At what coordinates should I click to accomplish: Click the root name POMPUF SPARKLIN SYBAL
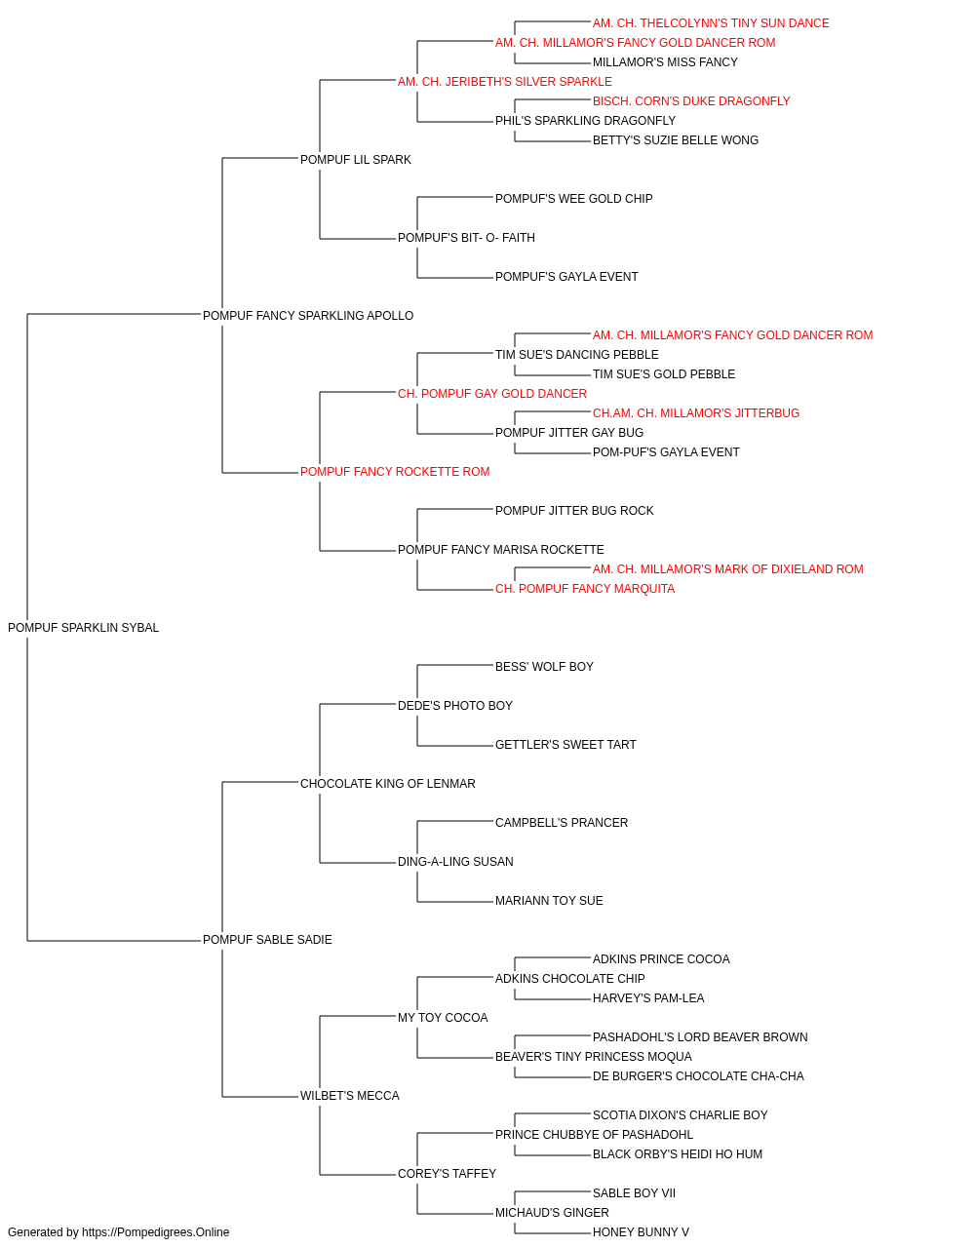[83, 628]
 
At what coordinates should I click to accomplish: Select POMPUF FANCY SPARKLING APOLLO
[308, 316]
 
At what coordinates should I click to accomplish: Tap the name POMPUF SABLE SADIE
[267, 940]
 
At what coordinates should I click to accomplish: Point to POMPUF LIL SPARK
[356, 160]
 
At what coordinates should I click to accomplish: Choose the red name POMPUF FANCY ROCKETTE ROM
[395, 472]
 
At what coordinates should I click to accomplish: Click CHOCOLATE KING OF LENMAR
[388, 783]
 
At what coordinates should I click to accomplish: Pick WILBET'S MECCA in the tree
[350, 1095]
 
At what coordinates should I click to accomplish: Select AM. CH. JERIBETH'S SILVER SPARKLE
[505, 82]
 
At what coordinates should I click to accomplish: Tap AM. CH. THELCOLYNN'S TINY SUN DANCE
[711, 23]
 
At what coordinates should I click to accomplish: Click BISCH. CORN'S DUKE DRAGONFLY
[691, 101]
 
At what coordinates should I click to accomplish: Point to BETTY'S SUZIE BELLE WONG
[676, 140]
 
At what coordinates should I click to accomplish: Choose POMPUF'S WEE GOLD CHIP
[573, 199]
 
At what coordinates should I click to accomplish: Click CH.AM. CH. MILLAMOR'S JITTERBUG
[696, 413]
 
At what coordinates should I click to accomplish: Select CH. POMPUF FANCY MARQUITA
[585, 589]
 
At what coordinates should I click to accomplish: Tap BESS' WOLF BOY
[544, 667]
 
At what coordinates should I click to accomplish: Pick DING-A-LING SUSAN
[455, 862]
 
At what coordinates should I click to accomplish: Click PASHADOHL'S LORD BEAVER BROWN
[700, 1036]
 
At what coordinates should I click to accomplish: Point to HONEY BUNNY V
[641, 1232]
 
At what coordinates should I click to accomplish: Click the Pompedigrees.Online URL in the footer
[156, 1232]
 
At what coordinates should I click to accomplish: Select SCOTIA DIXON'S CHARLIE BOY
[680, 1114]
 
